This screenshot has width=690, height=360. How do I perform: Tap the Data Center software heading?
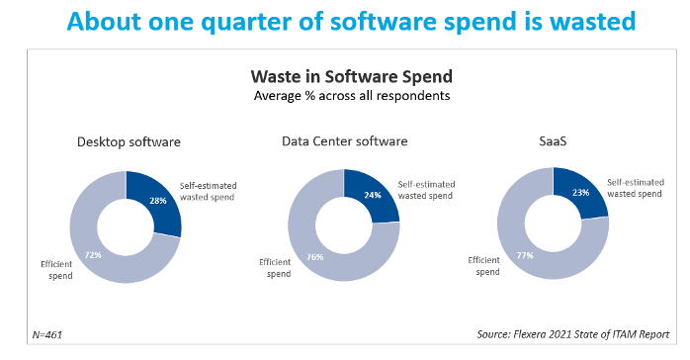pos(344,142)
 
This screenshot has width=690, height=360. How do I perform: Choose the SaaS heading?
pos(553,142)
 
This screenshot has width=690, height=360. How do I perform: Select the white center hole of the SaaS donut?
pos(553,226)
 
